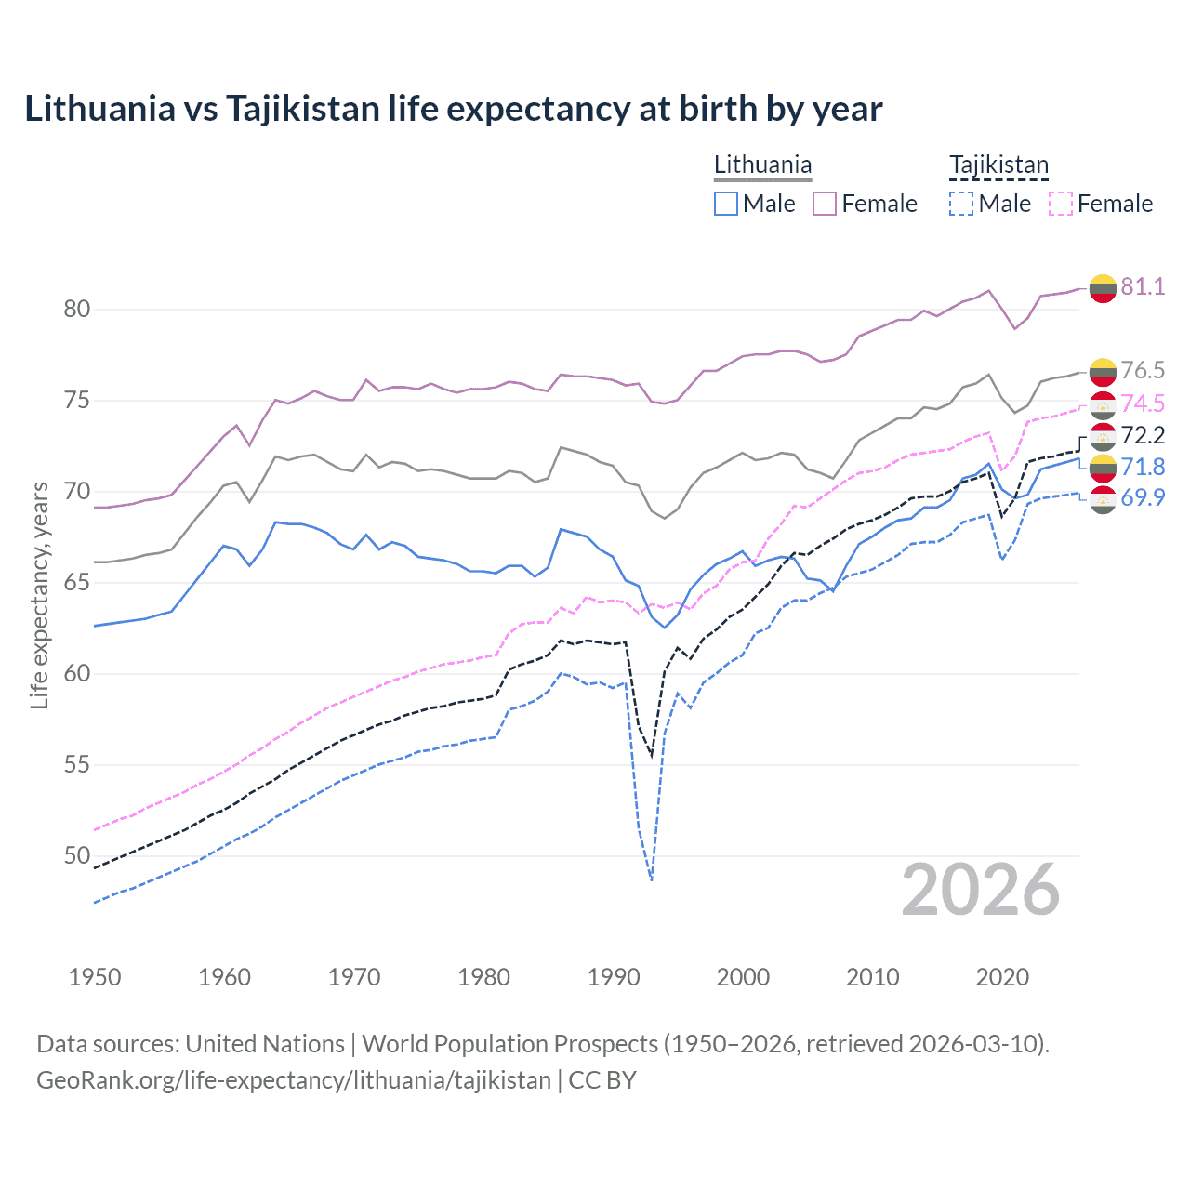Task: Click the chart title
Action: pos(454,109)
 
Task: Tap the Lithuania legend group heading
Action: pos(762,165)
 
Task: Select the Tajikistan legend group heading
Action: pos(998,165)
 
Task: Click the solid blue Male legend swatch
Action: pos(726,204)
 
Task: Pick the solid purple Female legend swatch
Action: pos(825,204)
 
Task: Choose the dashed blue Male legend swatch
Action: pos(961,204)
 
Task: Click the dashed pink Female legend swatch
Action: pos(1060,204)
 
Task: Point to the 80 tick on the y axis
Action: pos(77,310)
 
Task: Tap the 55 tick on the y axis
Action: pos(77,765)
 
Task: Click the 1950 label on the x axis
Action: pos(95,977)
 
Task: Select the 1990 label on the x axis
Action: pos(614,977)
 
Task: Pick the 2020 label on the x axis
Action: pos(1002,977)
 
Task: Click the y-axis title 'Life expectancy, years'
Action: pos(39,595)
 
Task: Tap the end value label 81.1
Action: pos(1143,286)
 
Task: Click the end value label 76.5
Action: pos(1143,370)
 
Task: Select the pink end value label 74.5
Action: pos(1143,403)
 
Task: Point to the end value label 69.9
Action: pos(1143,497)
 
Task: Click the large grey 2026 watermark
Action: pos(981,891)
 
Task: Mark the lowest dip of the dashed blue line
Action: pos(652,879)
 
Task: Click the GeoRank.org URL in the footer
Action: pos(294,1080)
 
